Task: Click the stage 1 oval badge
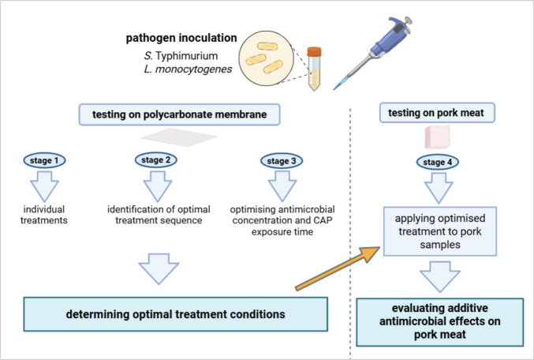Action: pyautogui.click(x=44, y=160)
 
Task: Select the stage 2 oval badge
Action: pyautogui.click(x=156, y=160)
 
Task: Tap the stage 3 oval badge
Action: pyautogui.click(x=282, y=161)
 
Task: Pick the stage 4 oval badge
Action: pyautogui.click(x=438, y=163)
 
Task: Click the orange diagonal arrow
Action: pyautogui.click(x=338, y=268)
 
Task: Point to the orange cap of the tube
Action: pyautogui.click(x=314, y=51)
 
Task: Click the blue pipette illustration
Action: pyautogui.click(x=373, y=53)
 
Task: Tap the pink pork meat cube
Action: pyautogui.click(x=437, y=137)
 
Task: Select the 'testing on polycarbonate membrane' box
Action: pyautogui.click(x=180, y=114)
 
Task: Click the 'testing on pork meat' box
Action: pyautogui.click(x=437, y=113)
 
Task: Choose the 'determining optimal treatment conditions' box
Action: pyautogui.click(x=175, y=314)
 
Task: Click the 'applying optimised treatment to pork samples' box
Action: pyautogui.click(x=440, y=231)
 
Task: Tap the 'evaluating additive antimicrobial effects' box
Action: pyautogui.click(x=439, y=322)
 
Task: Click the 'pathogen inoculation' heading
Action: pyautogui.click(x=181, y=38)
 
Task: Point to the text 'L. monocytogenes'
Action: pyautogui.click(x=188, y=69)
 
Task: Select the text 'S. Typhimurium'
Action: pyautogui.click(x=181, y=55)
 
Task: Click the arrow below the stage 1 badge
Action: pyautogui.click(x=44, y=187)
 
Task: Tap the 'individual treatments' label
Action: pyautogui.click(x=44, y=215)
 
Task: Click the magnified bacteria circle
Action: pyautogui.click(x=266, y=58)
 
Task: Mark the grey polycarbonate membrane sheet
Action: pyautogui.click(x=179, y=137)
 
